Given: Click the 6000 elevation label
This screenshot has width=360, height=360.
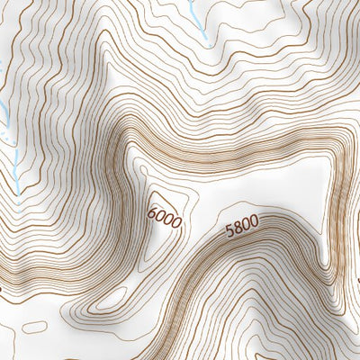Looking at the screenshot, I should (164, 217).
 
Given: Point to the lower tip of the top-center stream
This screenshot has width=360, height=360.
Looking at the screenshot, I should (207, 42).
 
